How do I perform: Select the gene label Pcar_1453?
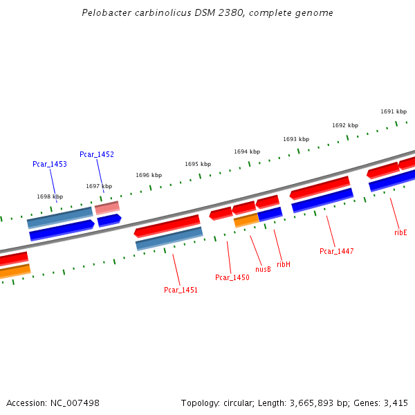tap(50, 164)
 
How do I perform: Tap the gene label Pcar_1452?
tap(97, 154)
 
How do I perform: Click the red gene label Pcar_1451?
tap(181, 290)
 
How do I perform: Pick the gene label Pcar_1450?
tap(232, 277)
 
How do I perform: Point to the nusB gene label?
tap(263, 269)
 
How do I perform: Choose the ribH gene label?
tap(284, 264)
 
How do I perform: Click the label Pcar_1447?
tap(337, 251)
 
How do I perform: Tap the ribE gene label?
tap(400, 232)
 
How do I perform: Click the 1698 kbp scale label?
tap(50, 196)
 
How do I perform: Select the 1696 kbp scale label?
tap(149, 175)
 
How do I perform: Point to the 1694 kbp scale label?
tap(247, 151)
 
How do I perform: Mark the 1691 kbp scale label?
tap(394, 111)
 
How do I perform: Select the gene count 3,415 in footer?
tap(396, 403)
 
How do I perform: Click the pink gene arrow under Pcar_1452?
tap(107, 207)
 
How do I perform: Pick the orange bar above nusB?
tap(246, 220)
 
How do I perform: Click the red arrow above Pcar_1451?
tap(167, 225)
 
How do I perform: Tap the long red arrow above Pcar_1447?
tap(320, 187)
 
